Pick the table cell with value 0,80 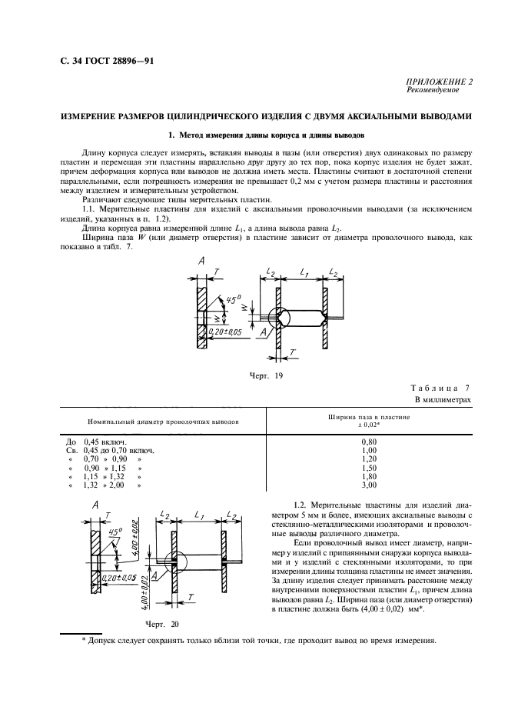coord(369,442)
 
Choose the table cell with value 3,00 coord(369,486)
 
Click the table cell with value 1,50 coord(369,468)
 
